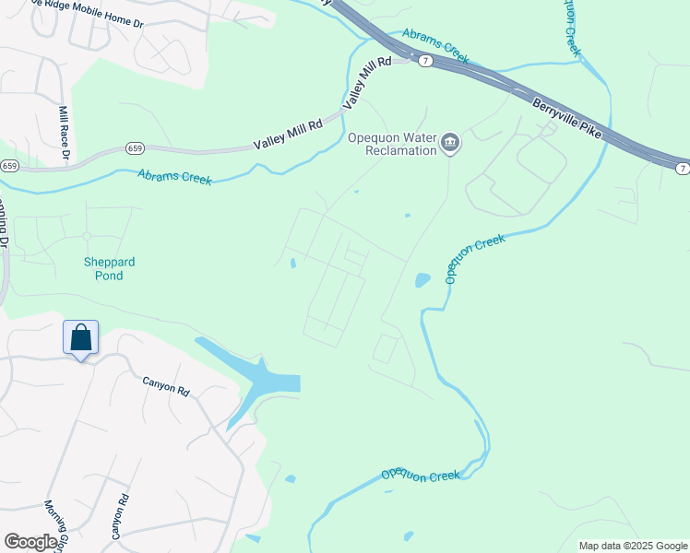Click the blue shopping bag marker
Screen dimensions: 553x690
click(x=81, y=337)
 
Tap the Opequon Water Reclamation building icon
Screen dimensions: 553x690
click(x=450, y=142)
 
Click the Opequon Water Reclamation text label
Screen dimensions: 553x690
click(x=391, y=145)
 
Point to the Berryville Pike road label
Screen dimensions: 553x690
click(x=567, y=118)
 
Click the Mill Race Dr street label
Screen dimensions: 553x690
click(x=65, y=132)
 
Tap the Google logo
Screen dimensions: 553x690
click(x=30, y=542)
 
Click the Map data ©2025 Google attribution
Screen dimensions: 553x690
click(x=633, y=546)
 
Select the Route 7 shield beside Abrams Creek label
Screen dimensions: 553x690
click(x=424, y=60)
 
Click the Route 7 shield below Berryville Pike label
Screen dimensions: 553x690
click(x=681, y=168)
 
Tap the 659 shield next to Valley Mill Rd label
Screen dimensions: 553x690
click(x=135, y=147)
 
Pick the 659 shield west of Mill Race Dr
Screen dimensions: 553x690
click(x=9, y=166)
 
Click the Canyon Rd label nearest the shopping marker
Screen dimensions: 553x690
click(x=165, y=385)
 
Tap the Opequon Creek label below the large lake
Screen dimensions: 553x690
click(x=421, y=476)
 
